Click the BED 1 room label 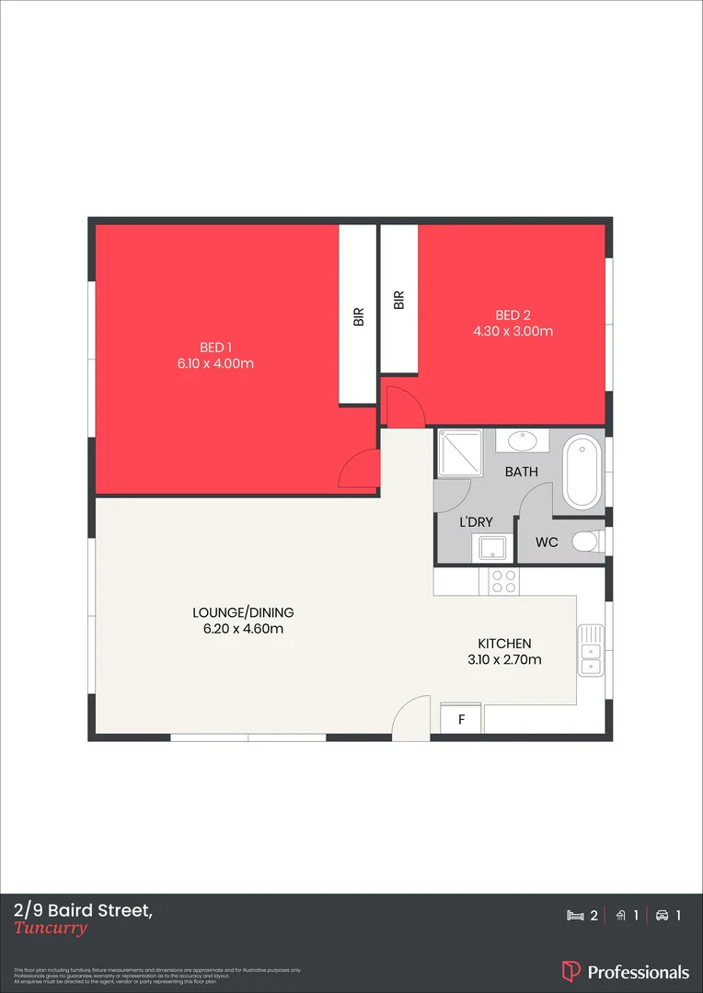[215, 347]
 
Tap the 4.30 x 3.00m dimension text [513, 331]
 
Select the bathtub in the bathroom [581, 473]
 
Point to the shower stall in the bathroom [455, 454]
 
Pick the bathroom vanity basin [523, 441]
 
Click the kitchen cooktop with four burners [503, 581]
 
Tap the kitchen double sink [590, 651]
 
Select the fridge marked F [462, 719]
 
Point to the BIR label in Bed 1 [359, 316]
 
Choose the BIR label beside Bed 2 [398, 300]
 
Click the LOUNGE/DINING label [243, 612]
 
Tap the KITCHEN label [504, 644]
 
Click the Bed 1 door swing [361, 469]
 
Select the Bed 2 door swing [402, 409]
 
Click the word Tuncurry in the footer [51, 928]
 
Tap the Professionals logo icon [570, 972]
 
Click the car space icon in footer [663, 916]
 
